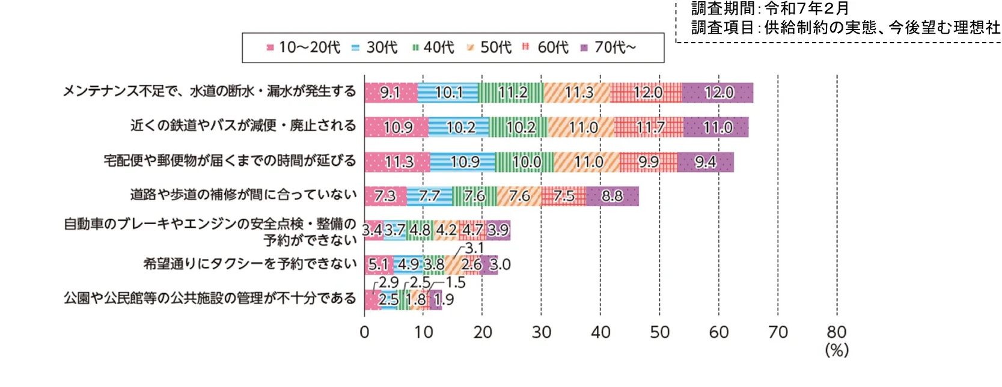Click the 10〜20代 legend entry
click(303, 47)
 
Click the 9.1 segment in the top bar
click(390, 93)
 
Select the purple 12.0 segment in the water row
click(718, 93)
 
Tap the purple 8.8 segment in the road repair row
click(612, 197)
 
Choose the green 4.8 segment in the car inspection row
click(420, 230)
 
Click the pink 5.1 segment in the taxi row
click(378, 264)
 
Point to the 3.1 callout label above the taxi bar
click(474, 248)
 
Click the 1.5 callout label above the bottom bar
click(456, 282)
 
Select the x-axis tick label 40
click(600, 332)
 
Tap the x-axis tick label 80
click(836, 332)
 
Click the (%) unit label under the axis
click(836, 350)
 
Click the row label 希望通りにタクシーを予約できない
click(250, 264)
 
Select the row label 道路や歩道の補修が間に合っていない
click(243, 195)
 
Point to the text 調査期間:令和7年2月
click(769, 8)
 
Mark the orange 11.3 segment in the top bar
click(578, 93)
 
